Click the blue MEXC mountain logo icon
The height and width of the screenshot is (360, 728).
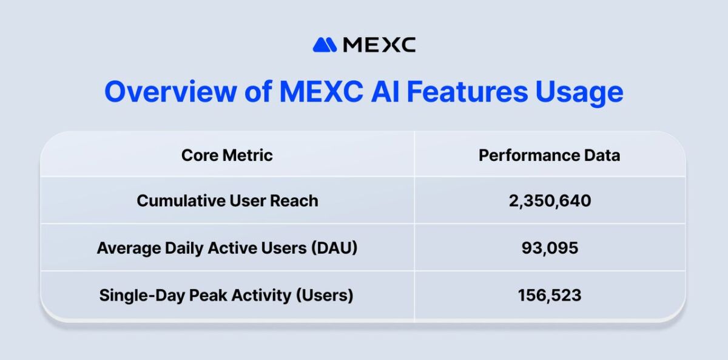(325, 44)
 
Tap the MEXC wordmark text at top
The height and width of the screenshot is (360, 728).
(379, 44)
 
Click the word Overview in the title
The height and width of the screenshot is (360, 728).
(170, 92)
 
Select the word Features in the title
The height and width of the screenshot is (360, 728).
(467, 92)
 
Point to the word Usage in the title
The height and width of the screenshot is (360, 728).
(579, 93)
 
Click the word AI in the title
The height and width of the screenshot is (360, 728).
(385, 92)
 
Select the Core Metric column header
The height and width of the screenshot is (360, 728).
(227, 155)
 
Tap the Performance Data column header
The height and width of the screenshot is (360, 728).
(549, 155)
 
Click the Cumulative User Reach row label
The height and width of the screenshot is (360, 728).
(227, 200)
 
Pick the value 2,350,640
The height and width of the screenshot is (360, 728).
(550, 201)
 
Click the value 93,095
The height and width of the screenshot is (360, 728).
(550, 248)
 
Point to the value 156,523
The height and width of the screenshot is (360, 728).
(550, 295)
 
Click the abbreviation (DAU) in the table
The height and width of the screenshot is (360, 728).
(334, 248)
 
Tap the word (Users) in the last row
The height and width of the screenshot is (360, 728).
(325, 296)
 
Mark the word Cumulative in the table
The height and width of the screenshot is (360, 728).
(181, 200)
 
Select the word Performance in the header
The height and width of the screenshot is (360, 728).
(529, 155)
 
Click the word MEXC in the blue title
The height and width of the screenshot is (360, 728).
(321, 92)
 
